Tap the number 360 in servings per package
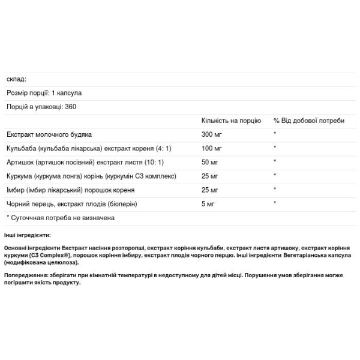click(x=74, y=106)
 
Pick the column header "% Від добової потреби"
click(x=309, y=121)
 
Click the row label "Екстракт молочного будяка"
click(x=49, y=134)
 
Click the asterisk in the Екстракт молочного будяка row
click(x=275, y=134)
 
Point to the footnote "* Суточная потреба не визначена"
click(x=60, y=218)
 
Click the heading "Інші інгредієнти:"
click(x=27, y=235)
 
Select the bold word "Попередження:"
click(x=25, y=275)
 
